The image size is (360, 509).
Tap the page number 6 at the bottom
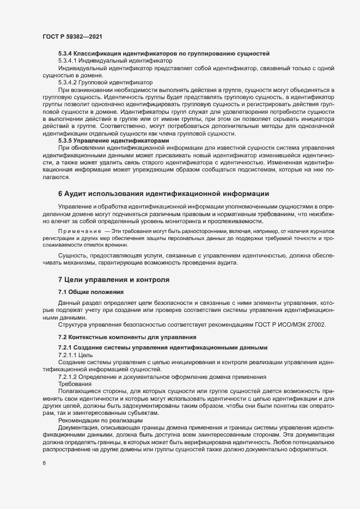coord(44,463)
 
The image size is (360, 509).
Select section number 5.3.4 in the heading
coord(65,54)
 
